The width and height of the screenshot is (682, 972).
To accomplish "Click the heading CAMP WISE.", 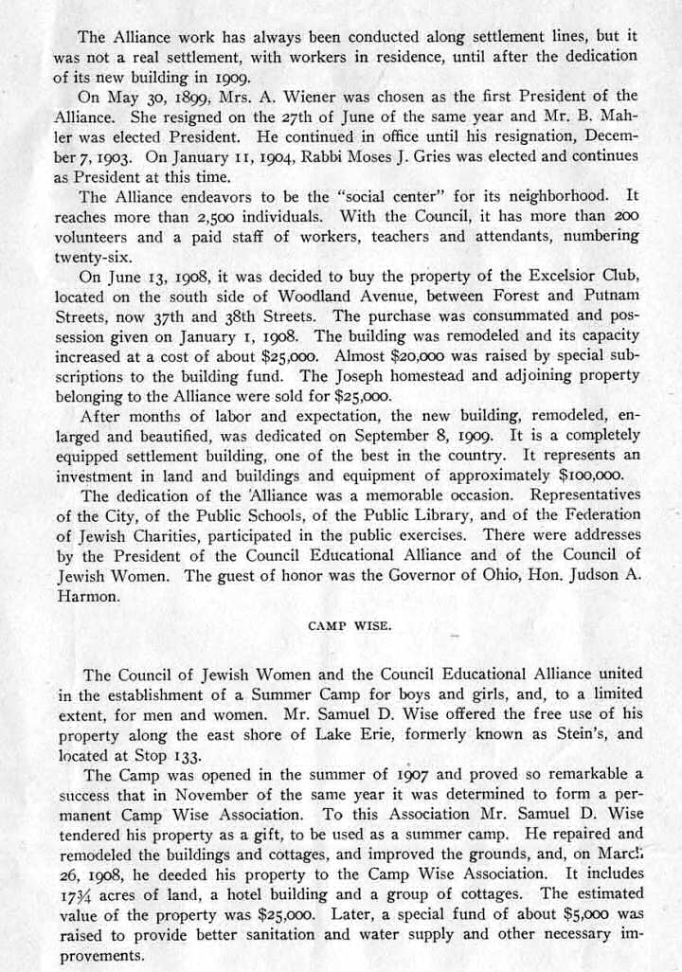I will [x=341, y=625].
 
